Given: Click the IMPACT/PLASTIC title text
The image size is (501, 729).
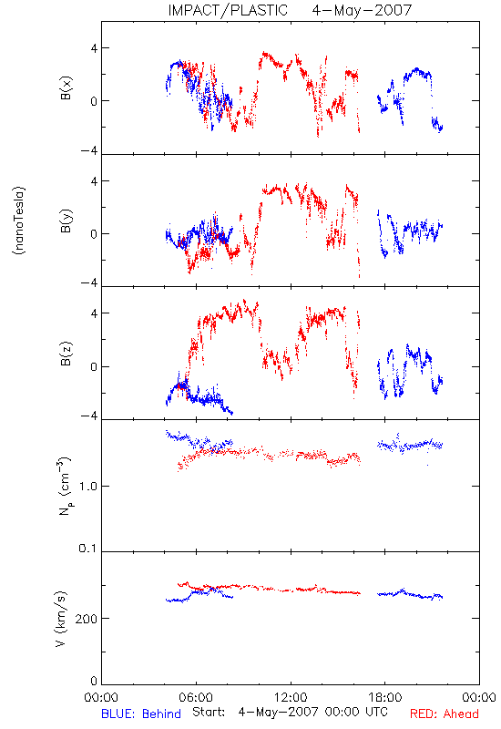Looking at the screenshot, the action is [x=228, y=10].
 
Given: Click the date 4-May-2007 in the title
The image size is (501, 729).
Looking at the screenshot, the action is [x=362, y=10].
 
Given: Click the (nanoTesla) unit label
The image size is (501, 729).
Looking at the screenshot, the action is [x=19, y=221].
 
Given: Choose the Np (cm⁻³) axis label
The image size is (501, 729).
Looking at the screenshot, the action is [x=65, y=486].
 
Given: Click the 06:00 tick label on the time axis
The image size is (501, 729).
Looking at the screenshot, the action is [x=196, y=697].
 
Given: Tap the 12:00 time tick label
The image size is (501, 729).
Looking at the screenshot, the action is [x=291, y=697].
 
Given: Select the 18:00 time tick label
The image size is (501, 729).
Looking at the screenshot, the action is [x=385, y=697].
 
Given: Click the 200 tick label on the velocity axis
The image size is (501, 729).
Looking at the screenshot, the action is [x=86, y=619].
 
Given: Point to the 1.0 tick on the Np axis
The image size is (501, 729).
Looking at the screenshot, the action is [x=87, y=487].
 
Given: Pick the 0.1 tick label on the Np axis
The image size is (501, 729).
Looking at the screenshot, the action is [x=87, y=549].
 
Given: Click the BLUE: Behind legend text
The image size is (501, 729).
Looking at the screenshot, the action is [x=141, y=714].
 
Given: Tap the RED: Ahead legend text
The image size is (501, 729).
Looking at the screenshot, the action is [x=445, y=714].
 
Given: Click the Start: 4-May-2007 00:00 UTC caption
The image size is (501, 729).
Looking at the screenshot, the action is [x=290, y=712].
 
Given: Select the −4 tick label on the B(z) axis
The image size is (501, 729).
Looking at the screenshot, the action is [x=88, y=416].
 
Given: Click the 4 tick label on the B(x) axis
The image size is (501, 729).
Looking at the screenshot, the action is [x=94, y=48].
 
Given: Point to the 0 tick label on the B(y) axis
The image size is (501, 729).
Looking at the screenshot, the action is [x=94, y=234].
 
